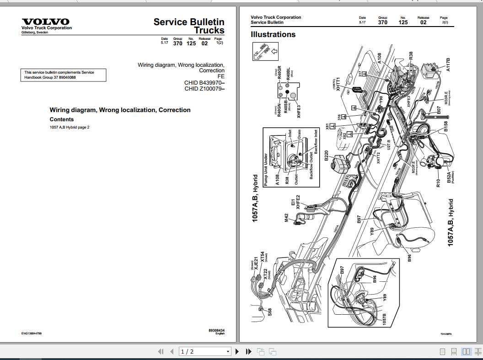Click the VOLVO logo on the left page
pyautogui.click(x=46, y=21)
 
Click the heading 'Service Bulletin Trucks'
pyautogui.click(x=189, y=26)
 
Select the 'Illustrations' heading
pyautogui.click(x=273, y=34)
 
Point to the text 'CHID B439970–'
pyautogui.click(x=204, y=82)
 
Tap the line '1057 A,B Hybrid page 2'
pyautogui.click(x=70, y=127)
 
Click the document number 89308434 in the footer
pyautogui.click(x=216, y=330)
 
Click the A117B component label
pyautogui.click(x=448, y=64)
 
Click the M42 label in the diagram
pyautogui.click(x=286, y=218)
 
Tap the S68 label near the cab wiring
pyautogui.click(x=270, y=313)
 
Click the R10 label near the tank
pyautogui.click(x=438, y=183)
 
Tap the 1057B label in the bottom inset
pyautogui.click(x=385, y=320)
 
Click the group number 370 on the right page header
pyautogui.click(x=382, y=22)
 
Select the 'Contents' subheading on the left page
pyautogui.click(x=61, y=119)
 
